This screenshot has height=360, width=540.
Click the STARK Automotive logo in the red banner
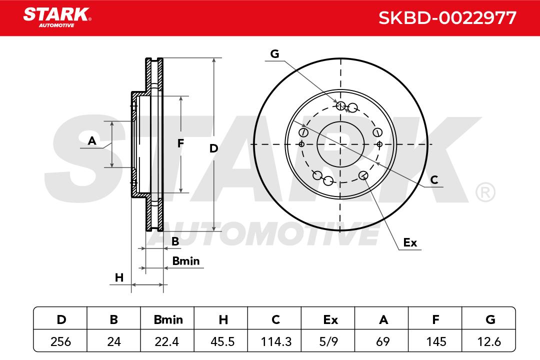click(x=57, y=17)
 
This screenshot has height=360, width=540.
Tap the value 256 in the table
click(x=60, y=341)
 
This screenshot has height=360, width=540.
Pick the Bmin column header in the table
click(x=168, y=319)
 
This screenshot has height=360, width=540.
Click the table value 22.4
click(x=167, y=341)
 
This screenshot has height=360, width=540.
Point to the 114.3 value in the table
click(x=276, y=341)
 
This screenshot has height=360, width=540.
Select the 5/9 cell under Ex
click(x=328, y=341)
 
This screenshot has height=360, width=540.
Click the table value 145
click(x=436, y=341)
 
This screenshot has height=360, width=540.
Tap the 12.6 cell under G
click(x=489, y=341)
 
